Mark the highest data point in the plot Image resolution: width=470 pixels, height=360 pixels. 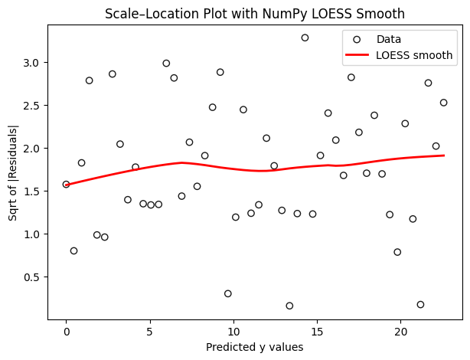(x=305, y=38)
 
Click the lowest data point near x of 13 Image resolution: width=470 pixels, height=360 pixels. (x=289, y=306)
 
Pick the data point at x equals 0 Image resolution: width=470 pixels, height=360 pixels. (x=66, y=185)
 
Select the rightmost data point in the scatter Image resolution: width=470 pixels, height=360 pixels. (x=443, y=103)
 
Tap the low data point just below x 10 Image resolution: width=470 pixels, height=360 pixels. (x=228, y=293)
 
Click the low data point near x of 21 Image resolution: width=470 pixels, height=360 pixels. (x=420, y=304)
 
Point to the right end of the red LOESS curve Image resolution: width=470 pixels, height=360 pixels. (x=444, y=155)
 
